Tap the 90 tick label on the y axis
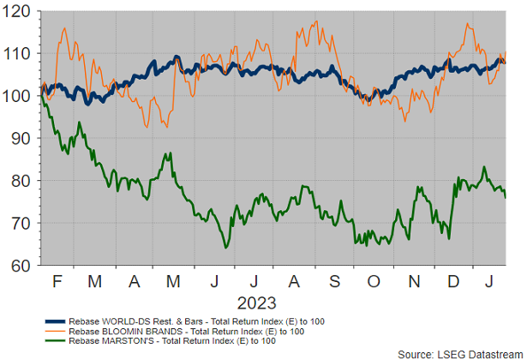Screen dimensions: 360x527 pos(20,138)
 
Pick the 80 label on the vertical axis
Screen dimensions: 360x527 pos(20,181)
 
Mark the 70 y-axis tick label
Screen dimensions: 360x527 pos(20,223)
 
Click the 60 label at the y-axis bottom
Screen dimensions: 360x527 pos(20,266)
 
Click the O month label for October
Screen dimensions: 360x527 pos(374,281)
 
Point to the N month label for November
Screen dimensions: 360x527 pos(415,281)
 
